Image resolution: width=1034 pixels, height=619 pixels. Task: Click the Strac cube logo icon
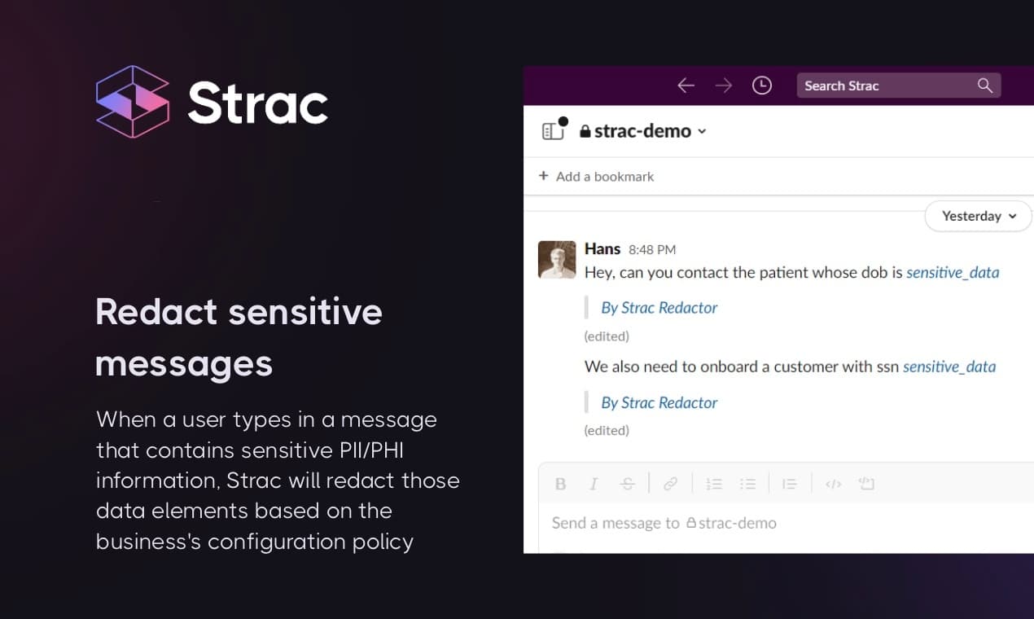[133, 102]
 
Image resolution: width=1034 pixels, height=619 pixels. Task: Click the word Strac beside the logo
[258, 103]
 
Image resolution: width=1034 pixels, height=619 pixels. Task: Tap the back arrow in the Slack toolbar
[686, 86]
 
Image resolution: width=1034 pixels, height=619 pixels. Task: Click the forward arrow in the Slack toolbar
[723, 86]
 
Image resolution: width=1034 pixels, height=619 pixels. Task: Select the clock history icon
[762, 86]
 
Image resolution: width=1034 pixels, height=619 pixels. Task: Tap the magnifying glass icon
[985, 86]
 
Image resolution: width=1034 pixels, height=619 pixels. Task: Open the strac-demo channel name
[642, 131]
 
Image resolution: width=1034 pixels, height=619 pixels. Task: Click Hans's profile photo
[557, 260]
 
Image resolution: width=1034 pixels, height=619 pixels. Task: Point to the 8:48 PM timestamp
[652, 250]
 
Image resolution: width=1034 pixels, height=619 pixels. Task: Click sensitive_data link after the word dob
[953, 273]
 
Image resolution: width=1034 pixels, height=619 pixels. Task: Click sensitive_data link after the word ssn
[949, 367]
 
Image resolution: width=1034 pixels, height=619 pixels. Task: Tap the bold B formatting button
[560, 484]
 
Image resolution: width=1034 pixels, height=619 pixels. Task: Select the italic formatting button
[594, 484]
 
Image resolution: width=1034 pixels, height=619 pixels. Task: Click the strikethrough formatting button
[627, 484]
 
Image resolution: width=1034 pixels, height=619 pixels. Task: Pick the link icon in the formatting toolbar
[670, 484]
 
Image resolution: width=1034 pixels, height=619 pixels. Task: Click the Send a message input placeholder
[664, 523]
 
